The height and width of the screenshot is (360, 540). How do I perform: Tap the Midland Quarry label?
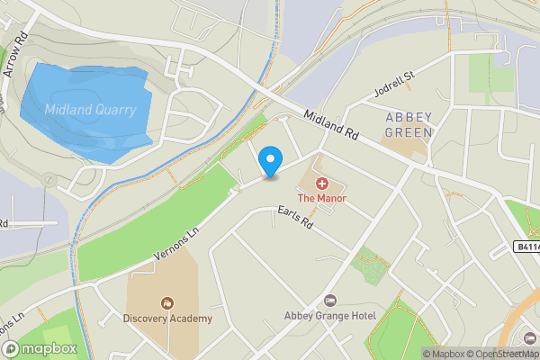(91, 110)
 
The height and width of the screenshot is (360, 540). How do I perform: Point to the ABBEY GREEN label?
(409, 124)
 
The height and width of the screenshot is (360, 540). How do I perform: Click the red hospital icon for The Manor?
(322, 183)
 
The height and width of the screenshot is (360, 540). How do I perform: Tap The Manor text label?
(322, 197)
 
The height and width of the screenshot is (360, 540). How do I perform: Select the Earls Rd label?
(294, 217)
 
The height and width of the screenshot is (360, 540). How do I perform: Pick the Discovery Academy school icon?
(166, 302)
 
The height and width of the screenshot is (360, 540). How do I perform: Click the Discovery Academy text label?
(167, 318)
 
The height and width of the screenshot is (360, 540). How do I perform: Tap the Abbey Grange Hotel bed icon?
(329, 300)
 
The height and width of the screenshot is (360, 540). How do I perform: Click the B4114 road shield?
(528, 247)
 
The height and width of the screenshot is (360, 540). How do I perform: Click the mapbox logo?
(40, 348)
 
